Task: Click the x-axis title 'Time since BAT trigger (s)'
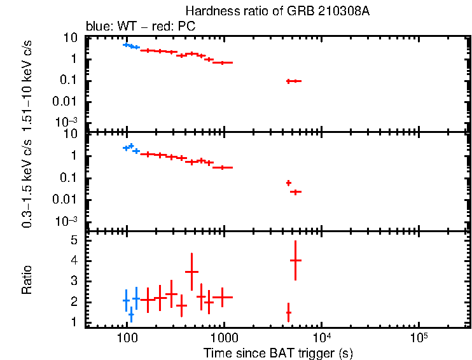point(278,352)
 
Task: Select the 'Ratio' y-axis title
point(27,280)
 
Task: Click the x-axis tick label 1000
point(223,336)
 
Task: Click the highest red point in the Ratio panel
point(295,260)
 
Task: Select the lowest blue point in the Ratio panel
point(131,314)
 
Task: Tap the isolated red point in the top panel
point(293,81)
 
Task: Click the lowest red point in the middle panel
point(295,191)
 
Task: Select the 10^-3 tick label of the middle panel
point(67,221)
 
